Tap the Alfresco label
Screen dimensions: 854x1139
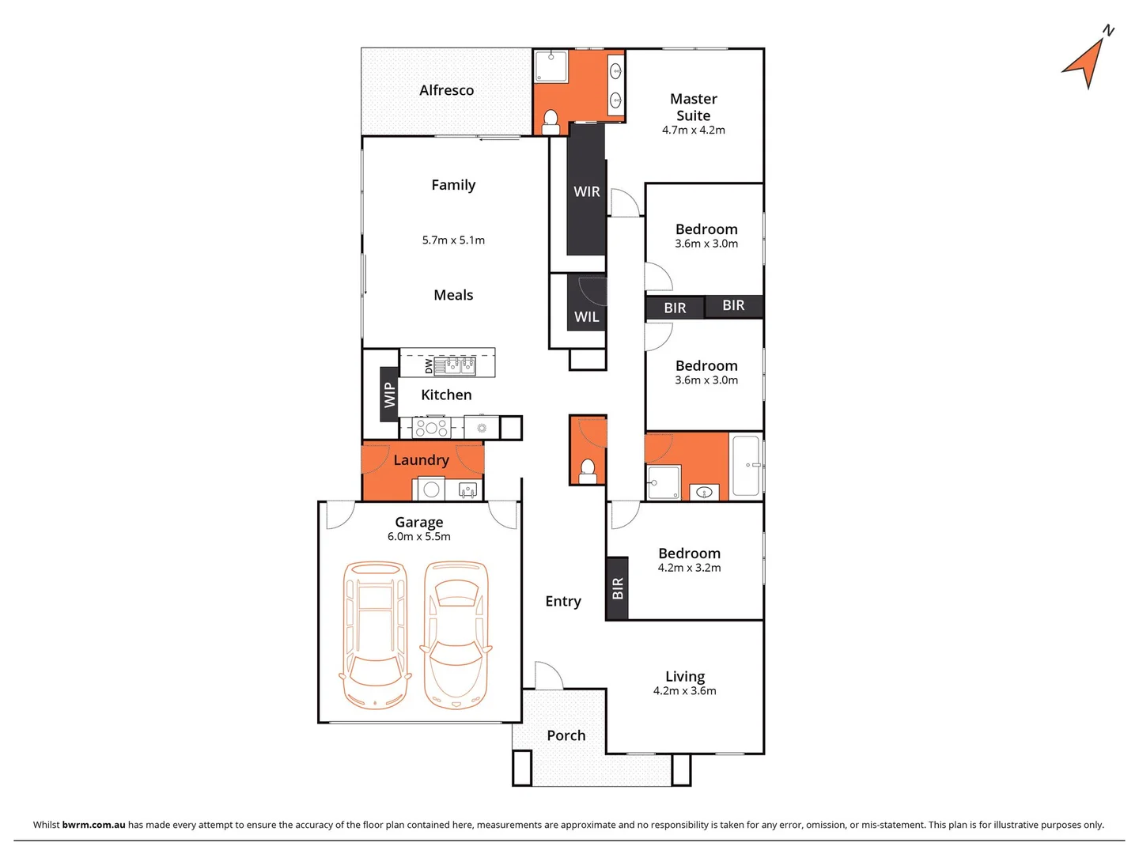point(446,90)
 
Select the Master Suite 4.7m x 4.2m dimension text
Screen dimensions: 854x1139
point(693,130)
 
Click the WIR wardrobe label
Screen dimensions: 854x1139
point(586,191)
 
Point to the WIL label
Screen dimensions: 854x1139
point(586,316)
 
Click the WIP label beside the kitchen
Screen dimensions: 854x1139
point(388,395)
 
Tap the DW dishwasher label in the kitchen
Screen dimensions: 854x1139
point(429,366)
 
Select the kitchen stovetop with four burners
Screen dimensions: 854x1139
point(431,428)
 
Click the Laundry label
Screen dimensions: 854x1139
point(421,460)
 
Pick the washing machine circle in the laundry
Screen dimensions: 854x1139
point(431,489)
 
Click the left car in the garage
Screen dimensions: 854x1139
point(375,635)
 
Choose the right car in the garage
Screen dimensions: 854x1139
point(456,635)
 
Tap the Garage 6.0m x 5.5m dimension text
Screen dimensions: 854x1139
point(418,537)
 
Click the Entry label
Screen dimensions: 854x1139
point(562,601)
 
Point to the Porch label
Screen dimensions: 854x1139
point(566,735)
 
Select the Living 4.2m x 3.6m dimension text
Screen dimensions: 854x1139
point(684,691)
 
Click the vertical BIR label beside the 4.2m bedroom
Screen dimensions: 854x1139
point(618,588)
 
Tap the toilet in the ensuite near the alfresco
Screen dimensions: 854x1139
point(551,122)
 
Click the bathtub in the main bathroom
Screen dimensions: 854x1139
point(746,466)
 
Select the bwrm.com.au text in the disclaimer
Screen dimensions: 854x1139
point(93,825)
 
